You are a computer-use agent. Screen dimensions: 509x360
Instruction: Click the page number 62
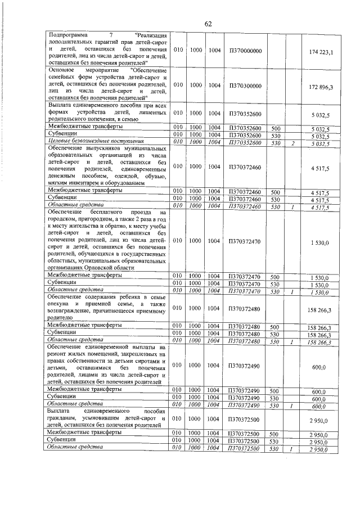pos(208,24)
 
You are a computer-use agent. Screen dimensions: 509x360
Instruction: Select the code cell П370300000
pos(246,85)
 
